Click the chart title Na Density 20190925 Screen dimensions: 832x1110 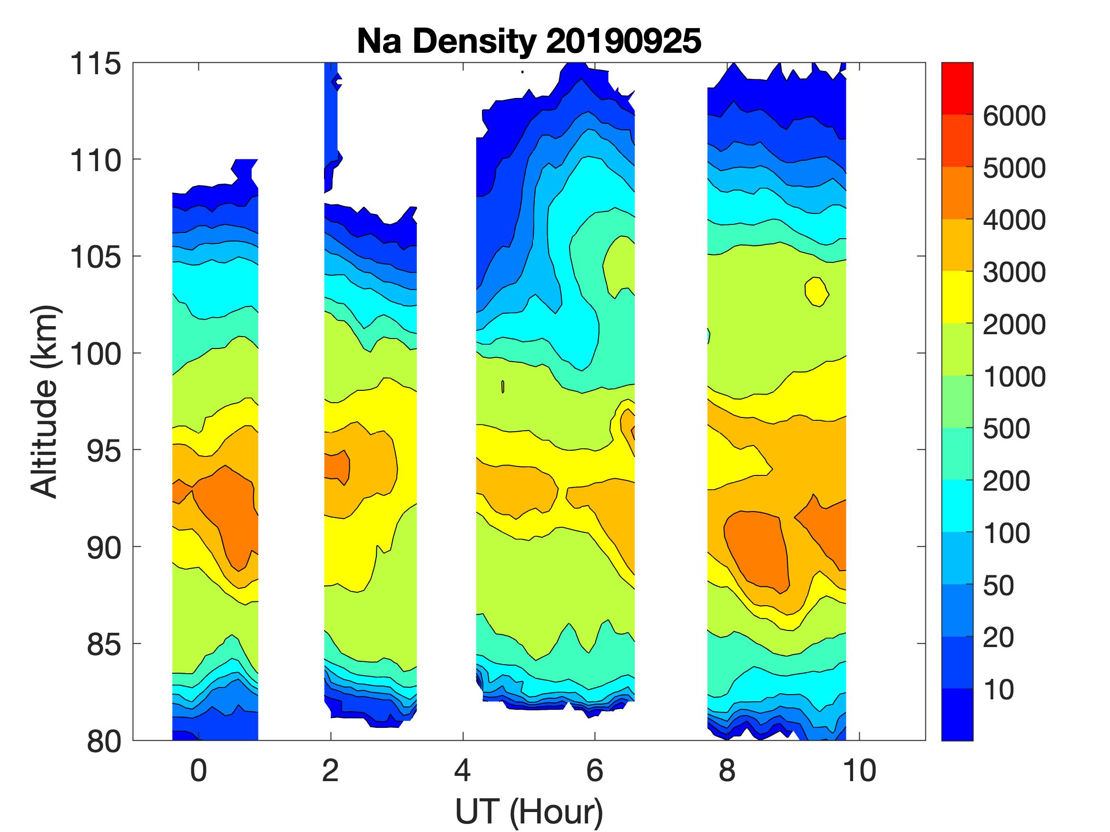click(x=529, y=40)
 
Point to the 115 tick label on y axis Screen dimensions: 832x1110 click(x=96, y=64)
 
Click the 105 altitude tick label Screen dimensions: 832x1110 click(x=96, y=257)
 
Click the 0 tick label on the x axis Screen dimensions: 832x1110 click(x=199, y=771)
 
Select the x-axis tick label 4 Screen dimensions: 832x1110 click(x=462, y=771)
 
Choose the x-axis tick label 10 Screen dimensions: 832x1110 click(x=860, y=771)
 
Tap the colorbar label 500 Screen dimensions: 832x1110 click(x=1006, y=429)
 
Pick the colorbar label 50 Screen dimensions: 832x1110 click(x=999, y=585)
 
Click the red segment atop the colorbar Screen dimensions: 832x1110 click(x=957, y=88)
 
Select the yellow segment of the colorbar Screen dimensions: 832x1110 click(x=957, y=297)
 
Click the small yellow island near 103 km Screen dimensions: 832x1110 click(x=816, y=291)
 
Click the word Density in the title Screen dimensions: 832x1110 click(x=474, y=40)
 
